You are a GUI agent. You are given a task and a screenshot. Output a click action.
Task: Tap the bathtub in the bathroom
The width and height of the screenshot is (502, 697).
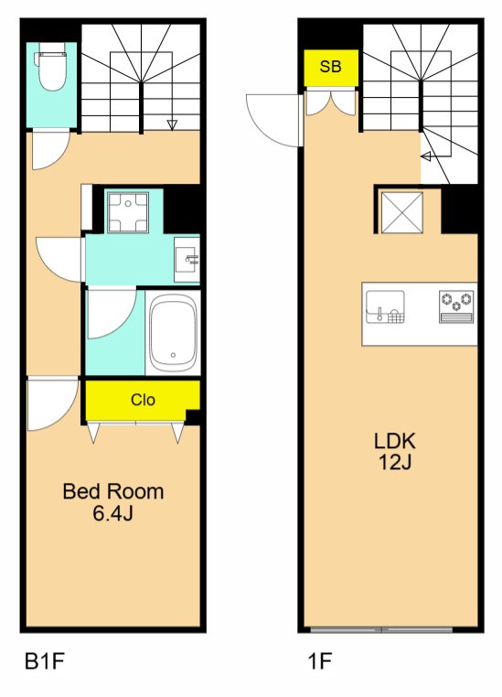coord(173,332)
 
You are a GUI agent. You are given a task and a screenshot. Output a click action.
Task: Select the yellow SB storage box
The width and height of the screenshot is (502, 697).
coord(331,67)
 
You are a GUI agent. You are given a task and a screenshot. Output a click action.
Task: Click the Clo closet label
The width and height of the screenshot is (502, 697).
coord(143,400)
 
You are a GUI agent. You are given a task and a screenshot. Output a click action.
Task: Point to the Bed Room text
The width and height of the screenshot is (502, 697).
coord(113,491)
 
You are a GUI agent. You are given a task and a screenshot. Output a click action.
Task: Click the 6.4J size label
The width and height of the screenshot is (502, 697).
coord(113,513)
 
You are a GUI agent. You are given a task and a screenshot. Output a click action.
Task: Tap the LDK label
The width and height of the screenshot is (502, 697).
coord(395,441)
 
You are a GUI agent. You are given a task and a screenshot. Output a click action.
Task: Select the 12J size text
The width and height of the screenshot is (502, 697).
coord(395,462)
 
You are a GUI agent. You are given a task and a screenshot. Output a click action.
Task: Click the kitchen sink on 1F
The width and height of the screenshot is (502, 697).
coord(385,306)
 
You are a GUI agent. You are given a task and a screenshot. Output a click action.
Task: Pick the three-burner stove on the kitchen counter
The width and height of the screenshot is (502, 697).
coord(456,306)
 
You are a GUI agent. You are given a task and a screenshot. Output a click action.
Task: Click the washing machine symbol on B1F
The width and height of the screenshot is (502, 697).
coord(128,212)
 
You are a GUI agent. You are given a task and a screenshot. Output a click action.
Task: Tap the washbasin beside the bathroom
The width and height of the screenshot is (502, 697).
coord(187,259)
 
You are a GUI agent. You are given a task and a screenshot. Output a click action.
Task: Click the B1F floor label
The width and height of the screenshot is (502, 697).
coord(45,660)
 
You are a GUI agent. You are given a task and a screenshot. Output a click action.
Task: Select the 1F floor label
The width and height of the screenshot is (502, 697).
coord(320,660)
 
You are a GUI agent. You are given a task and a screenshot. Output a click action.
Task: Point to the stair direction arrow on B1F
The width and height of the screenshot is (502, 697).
coord(172,125)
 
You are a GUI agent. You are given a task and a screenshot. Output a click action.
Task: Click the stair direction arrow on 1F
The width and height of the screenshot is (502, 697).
coord(426,156)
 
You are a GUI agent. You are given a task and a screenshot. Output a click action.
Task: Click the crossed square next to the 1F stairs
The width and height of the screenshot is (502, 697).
coord(402,212)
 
